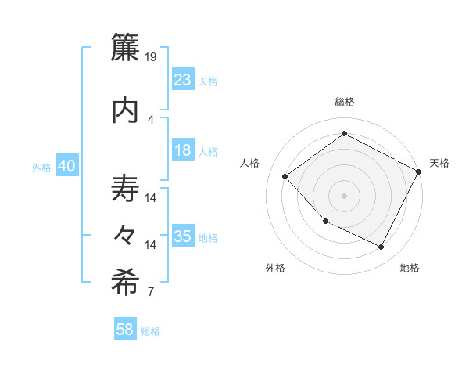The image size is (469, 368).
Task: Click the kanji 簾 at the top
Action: pyautogui.click(x=125, y=48)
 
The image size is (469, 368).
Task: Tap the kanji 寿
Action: pyautogui.click(x=125, y=190)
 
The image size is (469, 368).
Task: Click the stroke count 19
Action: pyautogui.click(x=152, y=57)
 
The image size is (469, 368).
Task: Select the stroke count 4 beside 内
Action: pyautogui.click(x=151, y=119)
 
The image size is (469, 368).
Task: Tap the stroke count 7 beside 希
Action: pyautogui.click(x=151, y=293)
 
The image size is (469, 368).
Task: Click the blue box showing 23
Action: pyautogui.click(x=183, y=79)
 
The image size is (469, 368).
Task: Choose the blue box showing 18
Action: pyautogui.click(x=183, y=150)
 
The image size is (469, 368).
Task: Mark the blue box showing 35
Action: pyautogui.click(x=183, y=236)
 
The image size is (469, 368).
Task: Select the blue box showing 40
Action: pyautogui.click(x=66, y=166)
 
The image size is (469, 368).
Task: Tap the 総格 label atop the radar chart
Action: pyautogui.click(x=344, y=102)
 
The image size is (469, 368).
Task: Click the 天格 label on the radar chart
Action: pyautogui.click(x=439, y=163)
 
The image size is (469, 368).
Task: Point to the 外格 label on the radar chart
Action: pyautogui.click(x=275, y=268)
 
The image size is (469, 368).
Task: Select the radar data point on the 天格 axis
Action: pyautogui.click(x=419, y=171)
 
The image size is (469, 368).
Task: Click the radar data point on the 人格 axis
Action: pyautogui.click(x=285, y=176)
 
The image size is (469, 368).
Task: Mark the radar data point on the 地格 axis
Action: pyautogui.click(x=381, y=247)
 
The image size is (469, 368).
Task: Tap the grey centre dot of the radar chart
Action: pyautogui.click(x=344, y=195)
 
